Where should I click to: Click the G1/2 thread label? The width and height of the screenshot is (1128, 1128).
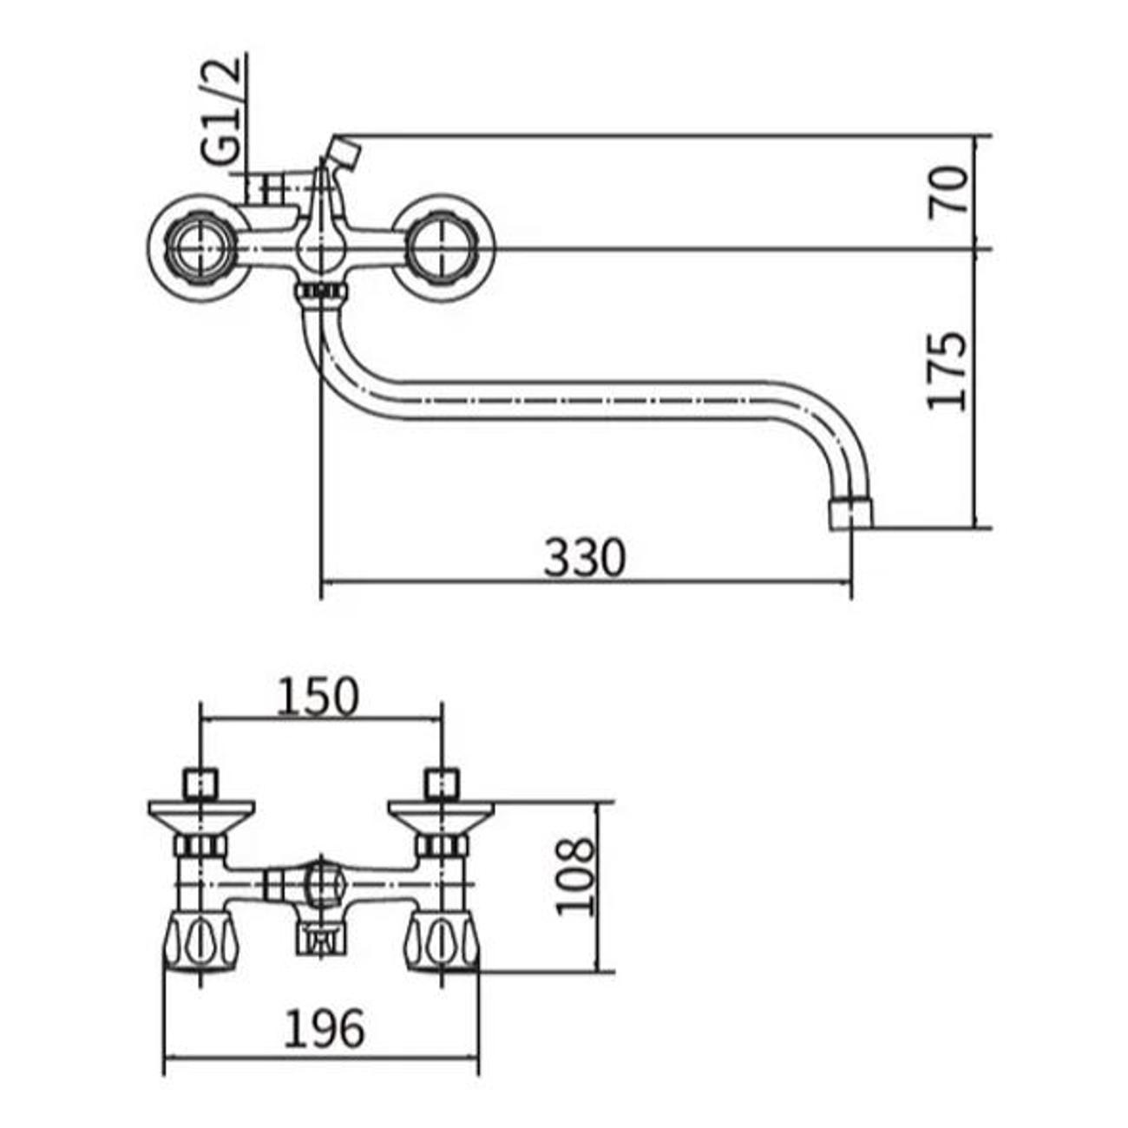coord(221,113)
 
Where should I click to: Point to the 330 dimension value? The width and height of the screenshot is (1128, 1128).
coord(584,558)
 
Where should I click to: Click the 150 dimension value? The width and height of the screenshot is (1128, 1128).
coord(318,698)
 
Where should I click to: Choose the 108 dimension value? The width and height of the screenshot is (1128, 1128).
coord(576,876)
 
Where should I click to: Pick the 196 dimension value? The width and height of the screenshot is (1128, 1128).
coord(325,1030)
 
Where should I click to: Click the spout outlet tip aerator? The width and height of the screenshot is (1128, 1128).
coord(851,513)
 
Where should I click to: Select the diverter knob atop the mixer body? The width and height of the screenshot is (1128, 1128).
coord(344,151)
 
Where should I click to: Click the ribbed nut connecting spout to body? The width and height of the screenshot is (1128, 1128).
coord(320,292)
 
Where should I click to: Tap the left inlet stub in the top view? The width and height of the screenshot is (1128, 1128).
coord(200,784)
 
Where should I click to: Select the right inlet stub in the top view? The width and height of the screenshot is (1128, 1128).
coord(442,784)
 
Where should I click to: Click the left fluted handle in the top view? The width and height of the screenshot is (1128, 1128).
coord(200,941)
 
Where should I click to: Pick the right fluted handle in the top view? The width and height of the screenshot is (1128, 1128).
coord(443,941)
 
